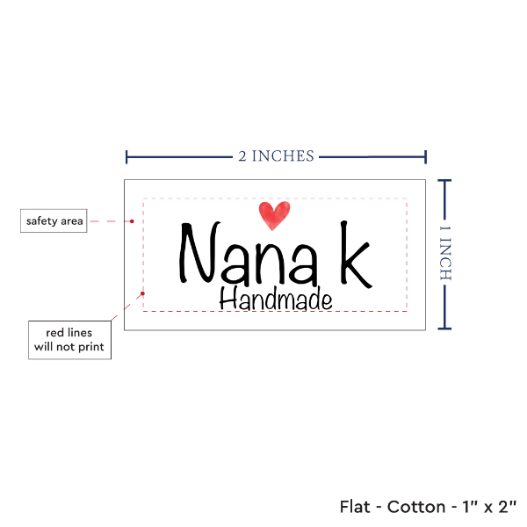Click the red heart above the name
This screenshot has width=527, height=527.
tap(274, 213)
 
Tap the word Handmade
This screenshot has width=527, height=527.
tap(275, 300)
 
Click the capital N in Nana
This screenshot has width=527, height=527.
tap(199, 256)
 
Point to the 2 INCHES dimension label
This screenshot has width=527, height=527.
tap(275, 156)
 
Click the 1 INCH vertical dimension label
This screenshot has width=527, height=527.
tap(444, 252)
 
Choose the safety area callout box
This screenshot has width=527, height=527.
tap(54, 220)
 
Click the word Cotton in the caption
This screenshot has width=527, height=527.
tap(408, 507)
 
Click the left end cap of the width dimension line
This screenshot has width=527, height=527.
tap(127, 157)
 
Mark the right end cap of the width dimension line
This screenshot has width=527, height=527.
tap(426, 157)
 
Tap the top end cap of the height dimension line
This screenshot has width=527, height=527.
tap(444, 181)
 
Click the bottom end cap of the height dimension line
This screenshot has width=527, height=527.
tap(444, 328)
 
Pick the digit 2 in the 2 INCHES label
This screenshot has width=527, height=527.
tap(242, 157)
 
